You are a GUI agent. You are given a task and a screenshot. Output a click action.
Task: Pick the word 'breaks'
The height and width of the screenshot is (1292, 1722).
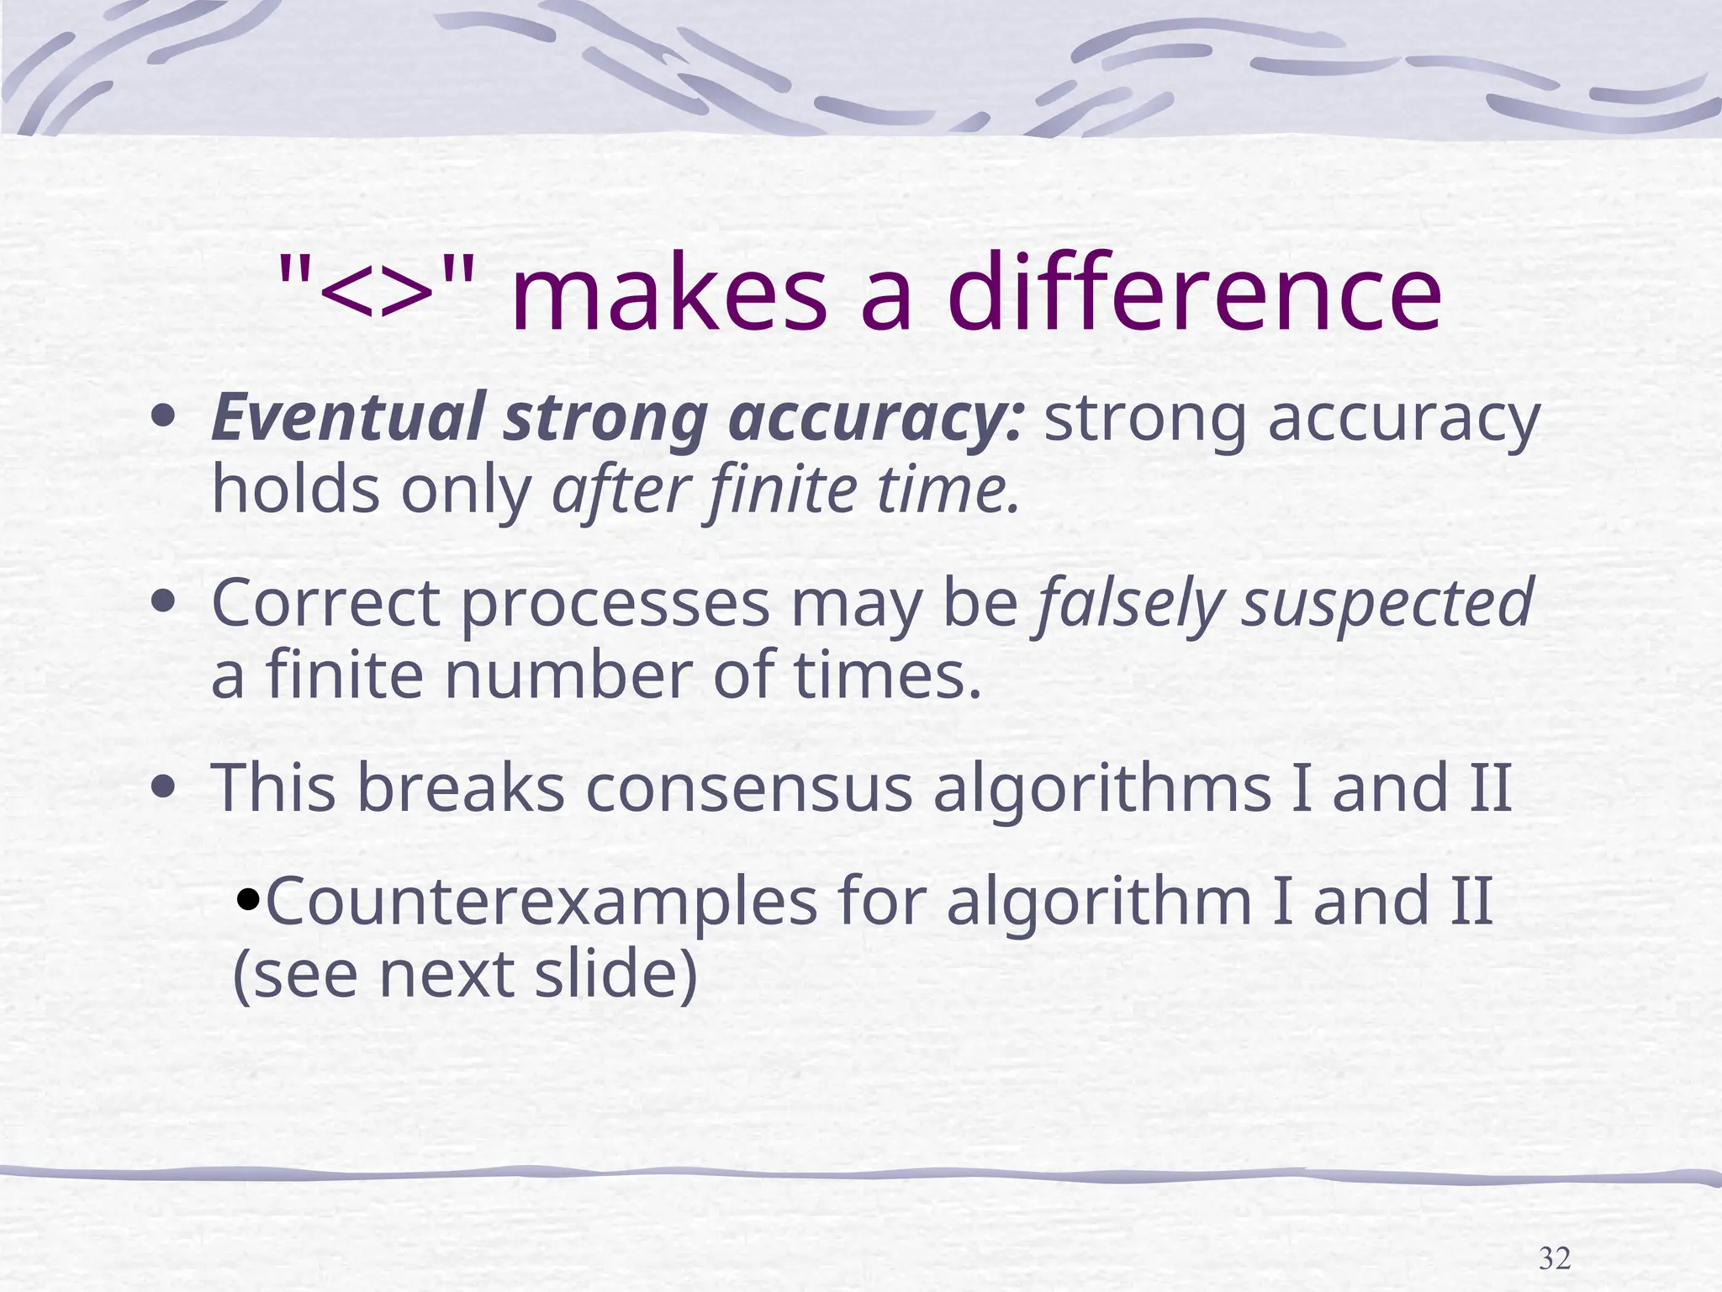click(x=461, y=788)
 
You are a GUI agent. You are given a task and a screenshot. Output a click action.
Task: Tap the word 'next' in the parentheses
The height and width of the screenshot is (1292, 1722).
click(x=446, y=975)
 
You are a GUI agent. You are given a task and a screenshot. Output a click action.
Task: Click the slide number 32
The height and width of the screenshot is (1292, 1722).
click(x=1554, y=1259)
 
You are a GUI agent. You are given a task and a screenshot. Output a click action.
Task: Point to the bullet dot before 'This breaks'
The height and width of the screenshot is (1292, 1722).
click(x=164, y=788)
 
